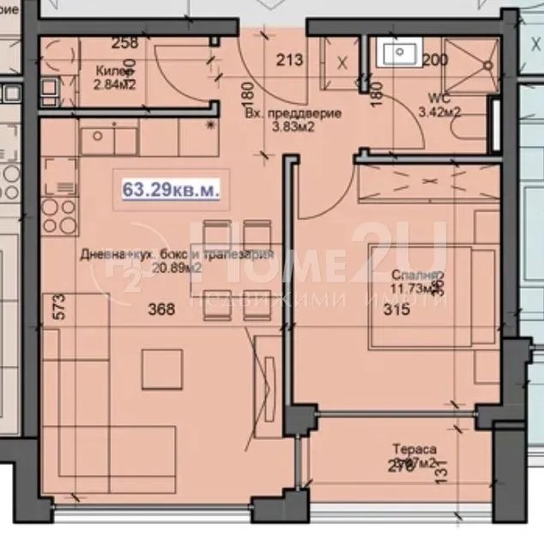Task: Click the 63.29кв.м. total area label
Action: (171, 189)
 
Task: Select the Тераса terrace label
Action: (415, 448)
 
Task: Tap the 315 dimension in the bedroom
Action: (390, 311)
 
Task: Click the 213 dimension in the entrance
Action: (291, 60)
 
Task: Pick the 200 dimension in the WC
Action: (435, 59)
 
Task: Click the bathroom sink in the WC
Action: (399, 52)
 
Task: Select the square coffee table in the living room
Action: (163, 368)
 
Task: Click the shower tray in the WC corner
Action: (472, 60)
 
